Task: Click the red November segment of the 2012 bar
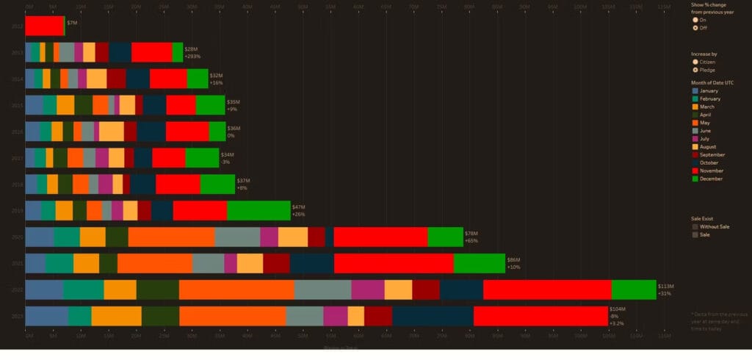[44, 26]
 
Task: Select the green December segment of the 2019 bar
[258, 210]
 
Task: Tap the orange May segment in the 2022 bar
[236, 289]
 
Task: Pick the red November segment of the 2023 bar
[540, 316]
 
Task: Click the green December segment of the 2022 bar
[633, 289]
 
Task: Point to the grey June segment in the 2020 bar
[237, 237]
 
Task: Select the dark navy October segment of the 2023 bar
[433, 316]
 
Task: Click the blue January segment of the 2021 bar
[35, 263]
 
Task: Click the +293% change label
[193, 57]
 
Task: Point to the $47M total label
[298, 206]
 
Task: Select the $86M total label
[513, 259]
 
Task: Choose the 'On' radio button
[695, 19]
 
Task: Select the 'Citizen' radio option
[695, 62]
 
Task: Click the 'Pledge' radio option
[695, 70]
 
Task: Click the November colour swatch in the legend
[695, 170]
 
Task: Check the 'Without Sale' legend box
[695, 227]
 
